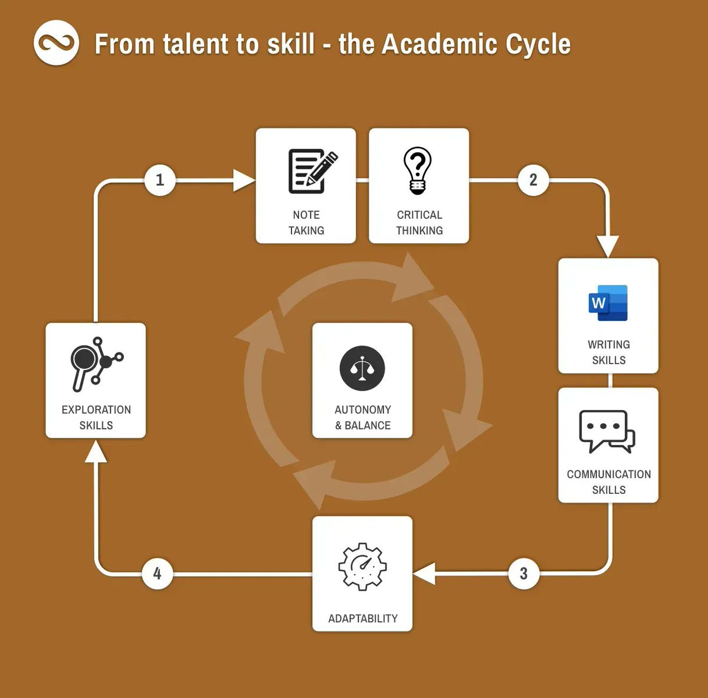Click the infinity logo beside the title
pyautogui.click(x=56, y=42)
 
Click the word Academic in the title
pyautogui.click(x=431, y=45)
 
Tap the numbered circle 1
pyautogui.click(x=159, y=179)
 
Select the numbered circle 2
pyautogui.click(x=533, y=179)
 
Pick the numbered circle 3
pyautogui.click(x=523, y=573)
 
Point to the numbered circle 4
pyautogui.click(x=157, y=573)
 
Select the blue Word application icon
pyautogui.click(x=608, y=303)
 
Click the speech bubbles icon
pyautogui.click(x=607, y=431)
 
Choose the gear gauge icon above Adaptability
pyautogui.click(x=362, y=566)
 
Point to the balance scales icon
pyautogui.click(x=362, y=368)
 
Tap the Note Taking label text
pyautogui.click(x=306, y=222)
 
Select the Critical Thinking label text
pyautogui.click(x=419, y=222)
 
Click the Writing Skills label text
pyautogui.click(x=608, y=352)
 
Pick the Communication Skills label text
pyautogui.click(x=608, y=481)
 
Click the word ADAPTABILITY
pyautogui.click(x=362, y=618)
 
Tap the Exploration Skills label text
pyautogui.click(x=96, y=417)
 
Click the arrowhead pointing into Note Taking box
pyautogui.click(x=243, y=180)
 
